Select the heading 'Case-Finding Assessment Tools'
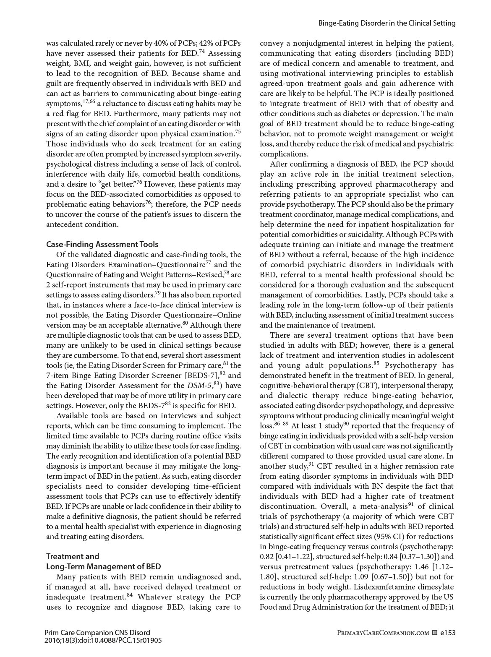point(102,244)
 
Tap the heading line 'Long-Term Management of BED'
point(103,566)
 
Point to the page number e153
point(448,632)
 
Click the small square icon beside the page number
point(435,633)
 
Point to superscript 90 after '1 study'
point(346,423)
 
